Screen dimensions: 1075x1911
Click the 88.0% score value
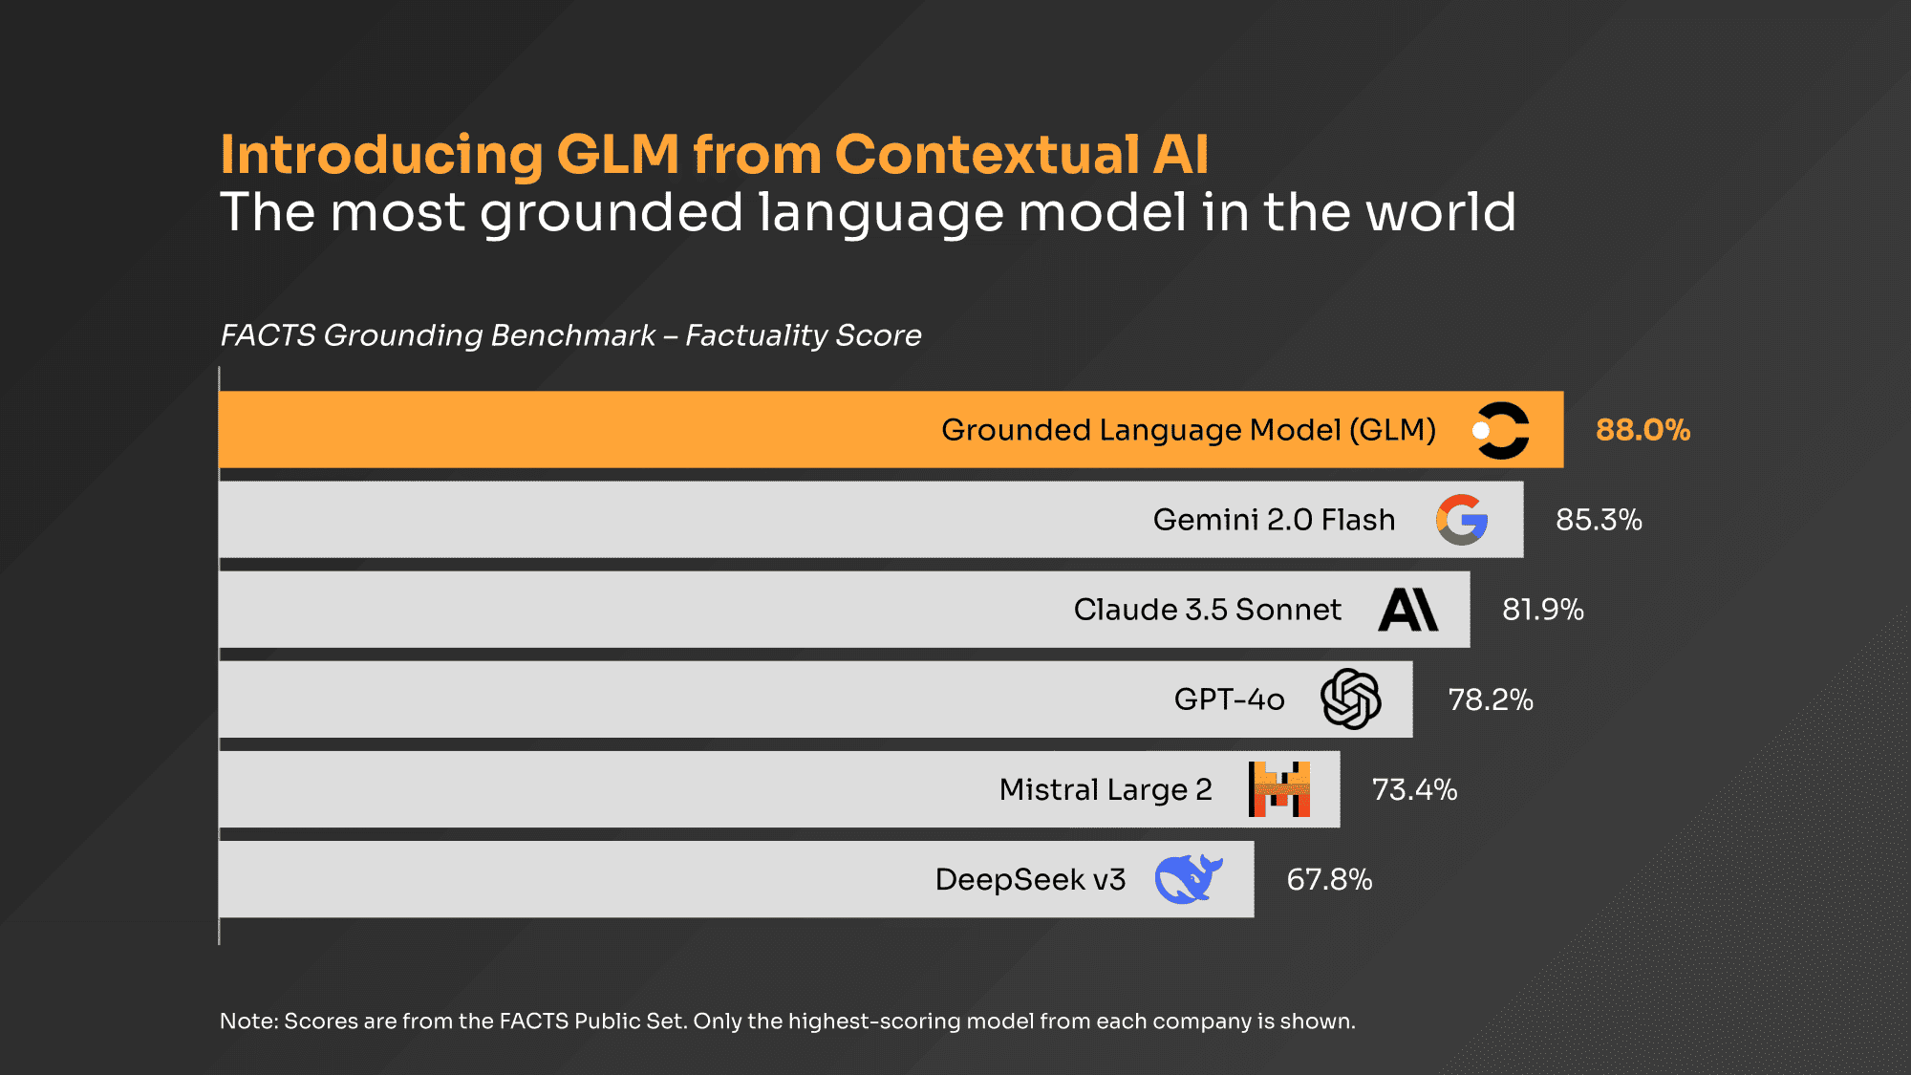(x=1643, y=430)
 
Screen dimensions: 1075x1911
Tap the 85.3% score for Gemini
(x=1599, y=520)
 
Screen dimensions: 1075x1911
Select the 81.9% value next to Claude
(x=1543, y=610)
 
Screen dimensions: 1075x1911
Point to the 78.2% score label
(x=1491, y=699)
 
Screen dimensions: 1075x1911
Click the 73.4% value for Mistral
(x=1414, y=789)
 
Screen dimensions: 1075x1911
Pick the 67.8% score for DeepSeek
(x=1329, y=879)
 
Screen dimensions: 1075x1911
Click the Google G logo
(x=1462, y=520)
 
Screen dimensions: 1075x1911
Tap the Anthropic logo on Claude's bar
(x=1408, y=610)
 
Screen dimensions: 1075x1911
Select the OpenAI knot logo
(x=1351, y=699)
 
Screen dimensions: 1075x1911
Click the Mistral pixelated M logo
(x=1279, y=789)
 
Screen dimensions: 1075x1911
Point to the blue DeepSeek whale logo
(x=1188, y=879)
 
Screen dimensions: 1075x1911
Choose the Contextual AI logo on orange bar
(x=1501, y=430)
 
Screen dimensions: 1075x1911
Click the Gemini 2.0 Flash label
(x=1274, y=520)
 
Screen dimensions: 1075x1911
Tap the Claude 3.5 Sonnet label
(x=1207, y=610)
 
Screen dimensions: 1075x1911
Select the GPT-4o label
(x=1229, y=699)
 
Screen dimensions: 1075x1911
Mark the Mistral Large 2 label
(x=1106, y=789)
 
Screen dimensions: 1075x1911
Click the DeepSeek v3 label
(x=1030, y=879)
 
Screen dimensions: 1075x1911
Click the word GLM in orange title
(x=617, y=155)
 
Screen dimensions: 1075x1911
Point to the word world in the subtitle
(x=1440, y=212)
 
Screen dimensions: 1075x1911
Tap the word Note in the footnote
(x=247, y=1021)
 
